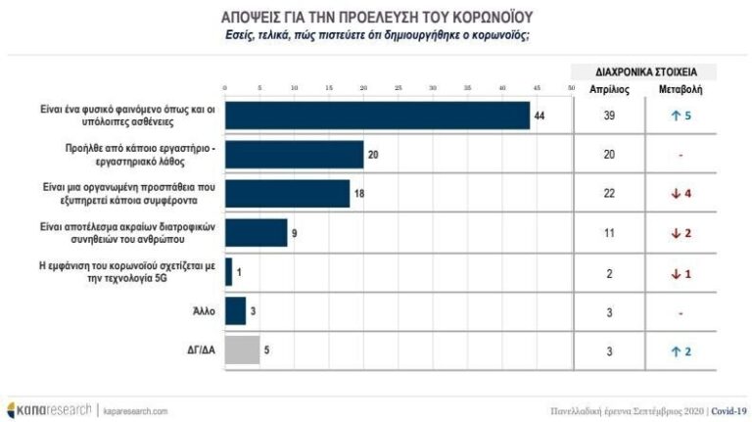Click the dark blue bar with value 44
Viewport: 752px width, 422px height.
(x=377, y=115)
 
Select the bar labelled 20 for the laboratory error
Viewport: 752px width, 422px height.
(x=294, y=155)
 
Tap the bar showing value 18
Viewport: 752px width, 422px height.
(x=287, y=194)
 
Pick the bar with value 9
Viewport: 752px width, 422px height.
(x=256, y=233)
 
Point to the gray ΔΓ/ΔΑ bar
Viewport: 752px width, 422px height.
(x=242, y=351)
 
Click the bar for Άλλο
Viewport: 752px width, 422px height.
(x=235, y=311)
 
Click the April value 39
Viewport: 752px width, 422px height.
(x=609, y=116)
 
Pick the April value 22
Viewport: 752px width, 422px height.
(x=609, y=194)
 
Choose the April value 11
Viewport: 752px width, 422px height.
(x=609, y=233)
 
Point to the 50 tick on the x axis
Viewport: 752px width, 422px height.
(x=571, y=89)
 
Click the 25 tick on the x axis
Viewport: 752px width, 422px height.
(x=399, y=89)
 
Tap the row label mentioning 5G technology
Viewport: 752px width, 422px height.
(x=153, y=272)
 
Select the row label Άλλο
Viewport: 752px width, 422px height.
(x=204, y=311)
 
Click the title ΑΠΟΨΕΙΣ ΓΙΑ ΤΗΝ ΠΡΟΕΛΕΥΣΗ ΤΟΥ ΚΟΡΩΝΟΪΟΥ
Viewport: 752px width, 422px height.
(x=376, y=19)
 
